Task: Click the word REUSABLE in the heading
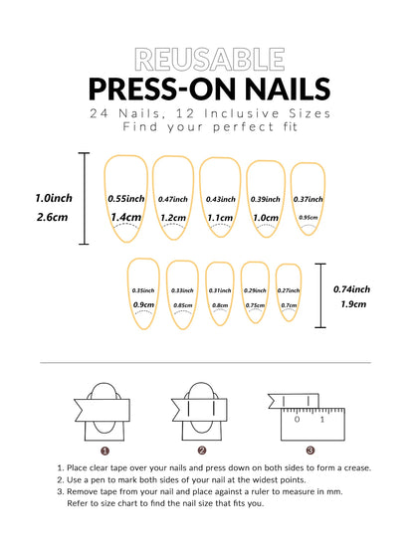coord(206,59)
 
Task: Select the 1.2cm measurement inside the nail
coord(173,217)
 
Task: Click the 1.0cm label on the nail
coord(266,217)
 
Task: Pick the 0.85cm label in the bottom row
coord(182,305)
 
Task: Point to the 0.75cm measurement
coord(255,305)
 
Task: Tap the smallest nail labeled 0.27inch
coord(289,294)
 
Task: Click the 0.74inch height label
coord(353,289)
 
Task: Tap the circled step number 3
coord(310,451)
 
